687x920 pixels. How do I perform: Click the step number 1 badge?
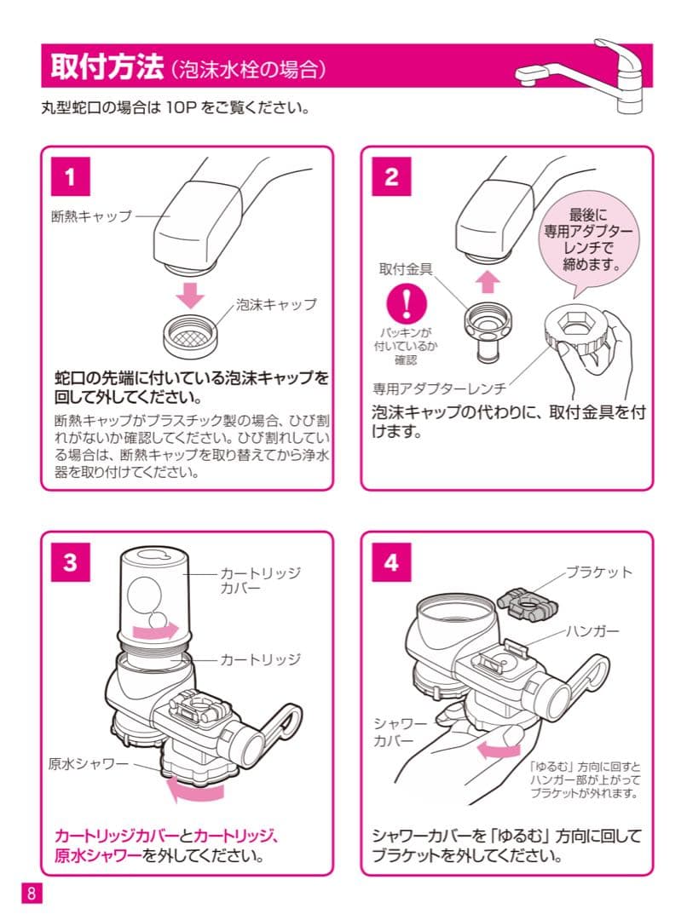pos(72,178)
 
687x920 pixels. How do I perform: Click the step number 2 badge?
pos(391,178)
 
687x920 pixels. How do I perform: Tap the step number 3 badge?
pos(72,563)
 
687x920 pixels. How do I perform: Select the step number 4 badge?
pos(391,563)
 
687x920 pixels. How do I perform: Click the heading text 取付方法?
pos(106,67)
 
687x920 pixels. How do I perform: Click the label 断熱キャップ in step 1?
pos(92,216)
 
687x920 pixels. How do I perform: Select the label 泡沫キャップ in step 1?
pos(275,304)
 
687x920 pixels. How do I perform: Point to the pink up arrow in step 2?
pos(486,281)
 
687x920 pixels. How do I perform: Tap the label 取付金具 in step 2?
pos(406,268)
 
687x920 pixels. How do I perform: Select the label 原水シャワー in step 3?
pos(88,762)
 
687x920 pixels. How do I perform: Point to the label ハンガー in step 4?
pos(592,631)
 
